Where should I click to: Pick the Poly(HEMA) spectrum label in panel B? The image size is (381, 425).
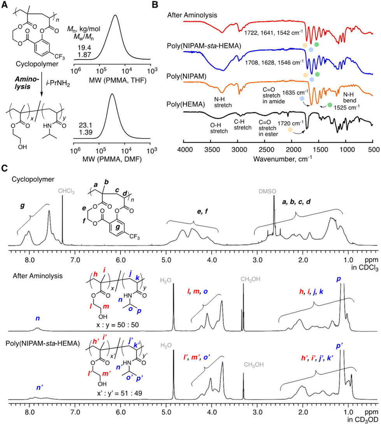pyautogui.click(x=182, y=105)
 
